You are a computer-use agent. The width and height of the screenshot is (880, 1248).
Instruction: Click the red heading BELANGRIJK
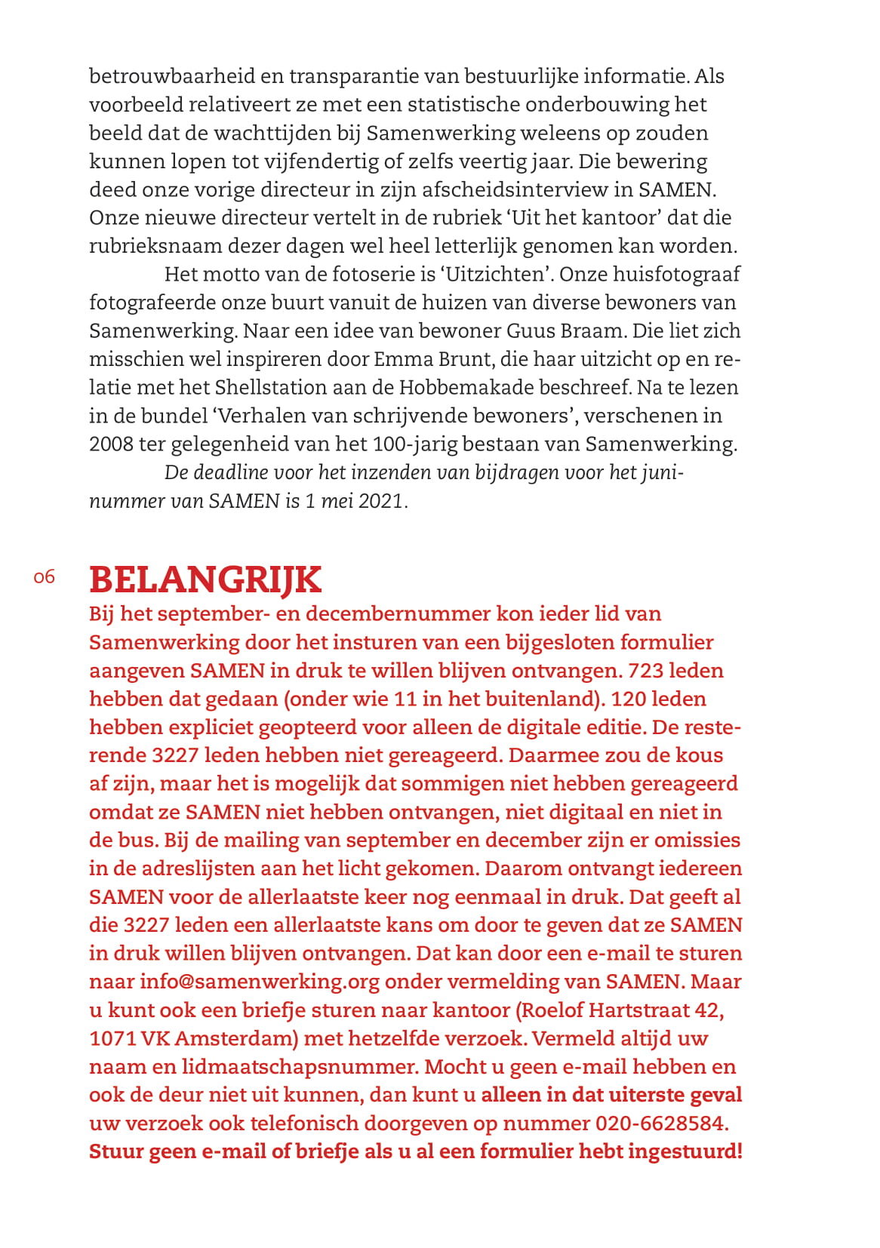coord(205,579)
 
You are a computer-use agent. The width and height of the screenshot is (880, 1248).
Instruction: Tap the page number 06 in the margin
coord(45,577)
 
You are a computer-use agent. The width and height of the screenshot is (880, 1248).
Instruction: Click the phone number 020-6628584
coord(661,1123)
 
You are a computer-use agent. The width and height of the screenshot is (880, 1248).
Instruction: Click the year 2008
coord(112,444)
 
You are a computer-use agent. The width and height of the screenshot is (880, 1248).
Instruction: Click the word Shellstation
coord(272,387)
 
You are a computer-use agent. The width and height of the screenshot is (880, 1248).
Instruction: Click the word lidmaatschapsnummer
coord(298,1067)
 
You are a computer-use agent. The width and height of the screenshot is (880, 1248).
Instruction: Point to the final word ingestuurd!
coord(686,1151)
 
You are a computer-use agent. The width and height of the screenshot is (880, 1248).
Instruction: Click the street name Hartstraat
coord(637,1010)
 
